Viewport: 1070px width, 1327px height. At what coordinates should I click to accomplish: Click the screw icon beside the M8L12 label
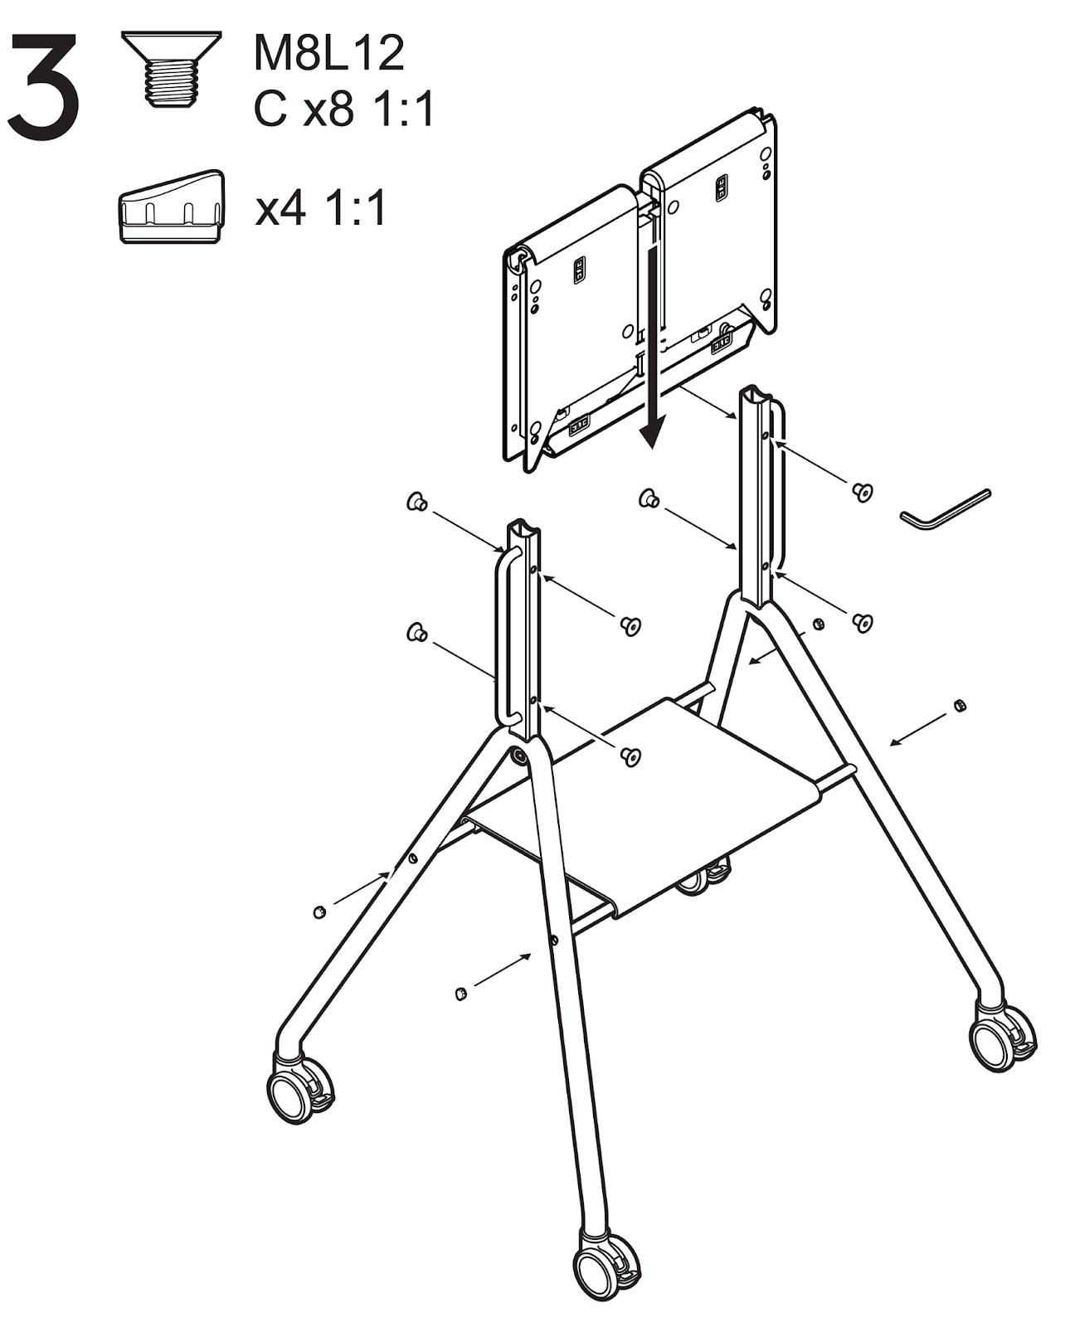(x=172, y=69)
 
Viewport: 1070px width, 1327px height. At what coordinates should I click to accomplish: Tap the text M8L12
(x=328, y=53)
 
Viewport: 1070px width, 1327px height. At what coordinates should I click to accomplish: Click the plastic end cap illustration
(x=171, y=207)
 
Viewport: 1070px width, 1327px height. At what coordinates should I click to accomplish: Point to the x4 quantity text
(x=280, y=208)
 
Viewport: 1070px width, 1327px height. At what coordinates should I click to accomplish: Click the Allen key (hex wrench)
(x=944, y=508)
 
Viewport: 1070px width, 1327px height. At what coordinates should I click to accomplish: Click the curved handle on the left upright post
(x=503, y=635)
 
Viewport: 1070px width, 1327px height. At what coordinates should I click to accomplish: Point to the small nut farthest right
(x=959, y=706)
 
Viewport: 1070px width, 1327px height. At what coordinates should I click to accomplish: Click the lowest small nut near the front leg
(x=460, y=994)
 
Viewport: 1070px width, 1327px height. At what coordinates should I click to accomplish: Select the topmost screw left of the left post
(x=417, y=501)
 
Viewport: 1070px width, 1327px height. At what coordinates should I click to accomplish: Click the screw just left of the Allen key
(x=862, y=492)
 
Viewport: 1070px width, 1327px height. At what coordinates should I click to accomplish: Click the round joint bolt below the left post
(x=518, y=756)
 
